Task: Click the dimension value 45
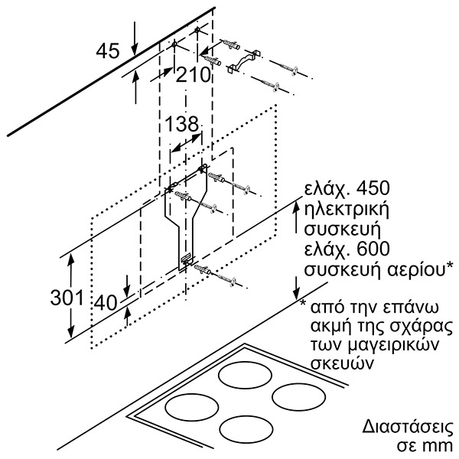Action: [108, 50]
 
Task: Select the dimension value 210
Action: [194, 75]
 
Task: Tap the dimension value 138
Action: [182, 123]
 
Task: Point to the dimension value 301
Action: [67, 298]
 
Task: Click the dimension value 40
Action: [106, 302]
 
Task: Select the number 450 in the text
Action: [373, 188]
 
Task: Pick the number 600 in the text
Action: [373, 249]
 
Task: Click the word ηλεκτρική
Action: [347, 210]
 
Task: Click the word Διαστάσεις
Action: [408, 427]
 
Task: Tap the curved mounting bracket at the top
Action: [244, 61]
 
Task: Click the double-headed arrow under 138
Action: [187, 142]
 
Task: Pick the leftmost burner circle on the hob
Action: [192, 408]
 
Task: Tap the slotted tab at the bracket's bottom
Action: [186, 259]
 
